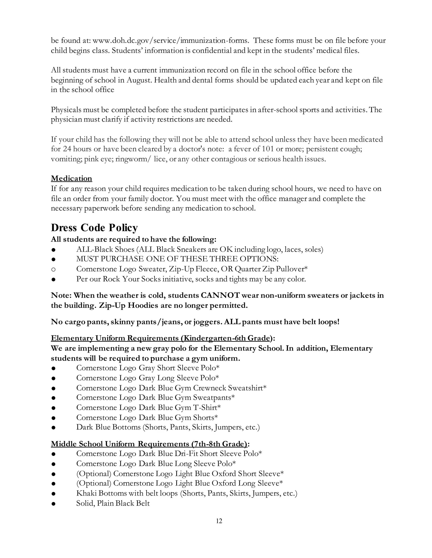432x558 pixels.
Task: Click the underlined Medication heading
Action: (x=72, y=178)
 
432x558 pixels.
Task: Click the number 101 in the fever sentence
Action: (x=266, y=149)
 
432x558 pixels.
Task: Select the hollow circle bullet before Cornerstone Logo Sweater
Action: (x=53, y=269)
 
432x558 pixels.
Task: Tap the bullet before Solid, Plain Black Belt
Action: (x=53, y=504)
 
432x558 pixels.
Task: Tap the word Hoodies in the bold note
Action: (x=143, y=306)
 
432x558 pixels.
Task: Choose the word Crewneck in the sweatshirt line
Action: (x=209, y=388)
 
